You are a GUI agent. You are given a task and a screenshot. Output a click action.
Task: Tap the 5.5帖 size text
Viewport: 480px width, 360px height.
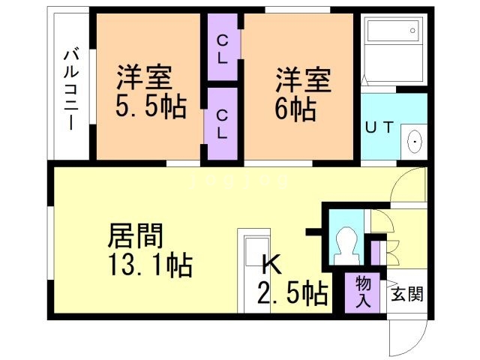[x=150, y=106]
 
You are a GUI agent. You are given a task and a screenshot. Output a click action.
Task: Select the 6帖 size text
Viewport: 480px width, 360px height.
[x=295, y=108]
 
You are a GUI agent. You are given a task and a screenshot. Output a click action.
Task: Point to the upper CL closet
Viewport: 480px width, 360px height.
[x=223, y=47]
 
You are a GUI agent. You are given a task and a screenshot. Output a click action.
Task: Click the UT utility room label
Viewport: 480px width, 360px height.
[x=379, y=127]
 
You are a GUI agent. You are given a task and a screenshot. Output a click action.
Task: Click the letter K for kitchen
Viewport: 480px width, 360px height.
[x=271, y=265]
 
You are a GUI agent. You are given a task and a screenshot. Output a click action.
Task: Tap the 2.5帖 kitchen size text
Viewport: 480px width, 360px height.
[x=293, y=292]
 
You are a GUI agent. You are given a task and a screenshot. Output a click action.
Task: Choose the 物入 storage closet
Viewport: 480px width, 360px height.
[x=364, y=292]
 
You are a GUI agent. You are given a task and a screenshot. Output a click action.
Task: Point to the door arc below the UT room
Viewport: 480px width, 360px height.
[x=407, y=184]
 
